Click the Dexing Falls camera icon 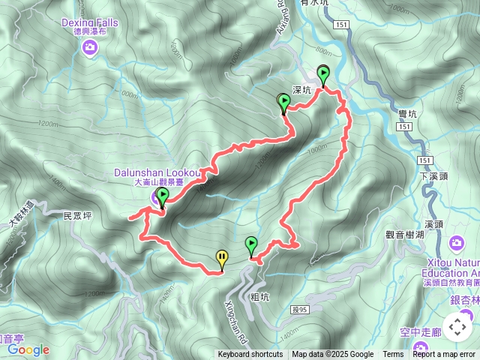coord(90,49)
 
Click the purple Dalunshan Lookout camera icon coord(154,198)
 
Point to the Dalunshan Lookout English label coord(157,172)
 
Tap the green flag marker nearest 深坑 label coord(284,103)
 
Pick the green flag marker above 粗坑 coord(251,246)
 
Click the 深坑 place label coord(301,89)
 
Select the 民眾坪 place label coord(77,215)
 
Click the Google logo coord(28,349)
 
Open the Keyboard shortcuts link coord(250,355)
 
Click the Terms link coord(393,355)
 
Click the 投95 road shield coord(301,288)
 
